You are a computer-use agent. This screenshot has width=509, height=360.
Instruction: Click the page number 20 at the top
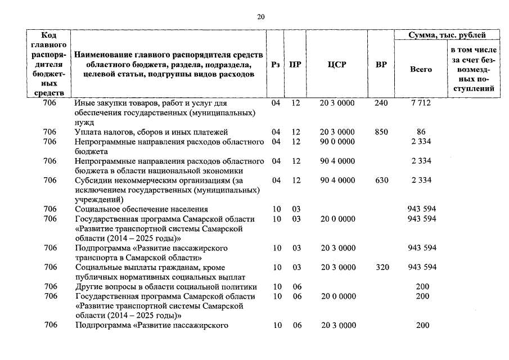260,17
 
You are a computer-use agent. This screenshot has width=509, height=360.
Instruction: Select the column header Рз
275,65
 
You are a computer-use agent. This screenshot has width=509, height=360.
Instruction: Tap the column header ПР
295,65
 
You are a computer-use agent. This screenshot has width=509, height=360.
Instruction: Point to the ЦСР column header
336,65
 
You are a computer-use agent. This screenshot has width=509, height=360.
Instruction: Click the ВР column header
381,65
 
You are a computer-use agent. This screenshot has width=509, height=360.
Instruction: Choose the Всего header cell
421,69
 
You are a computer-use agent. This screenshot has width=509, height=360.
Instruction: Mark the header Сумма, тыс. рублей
447,35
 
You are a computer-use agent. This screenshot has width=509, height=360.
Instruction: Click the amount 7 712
421,103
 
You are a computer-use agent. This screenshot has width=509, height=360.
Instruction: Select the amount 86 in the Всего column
421,132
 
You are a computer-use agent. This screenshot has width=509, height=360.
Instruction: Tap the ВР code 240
381,103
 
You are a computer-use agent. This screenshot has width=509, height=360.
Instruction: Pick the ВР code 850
381,132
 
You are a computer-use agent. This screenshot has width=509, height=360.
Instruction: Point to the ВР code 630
381,181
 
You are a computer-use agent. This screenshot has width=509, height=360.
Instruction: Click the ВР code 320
382,267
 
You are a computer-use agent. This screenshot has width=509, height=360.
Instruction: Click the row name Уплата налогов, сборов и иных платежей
151,132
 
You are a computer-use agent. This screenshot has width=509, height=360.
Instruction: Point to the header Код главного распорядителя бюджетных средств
50,64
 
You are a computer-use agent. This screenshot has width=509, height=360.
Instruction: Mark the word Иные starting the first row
84,103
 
